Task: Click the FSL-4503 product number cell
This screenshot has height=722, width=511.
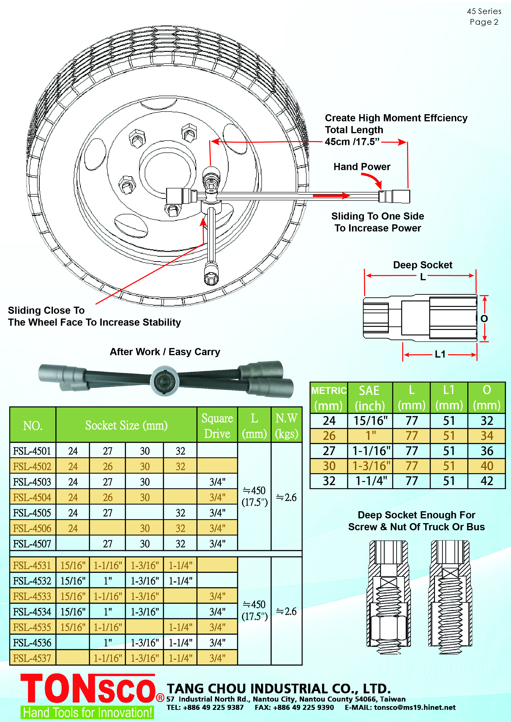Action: [32, 482]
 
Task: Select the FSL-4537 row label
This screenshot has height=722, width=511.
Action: [32, 658]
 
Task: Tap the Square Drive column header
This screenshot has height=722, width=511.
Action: [217, 426]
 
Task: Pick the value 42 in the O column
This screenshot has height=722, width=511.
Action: [487, 481]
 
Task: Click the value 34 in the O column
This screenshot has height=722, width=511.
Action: [487, 436]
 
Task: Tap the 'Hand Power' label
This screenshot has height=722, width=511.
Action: [362, 167]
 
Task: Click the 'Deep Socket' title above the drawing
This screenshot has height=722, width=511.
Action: [423, 265]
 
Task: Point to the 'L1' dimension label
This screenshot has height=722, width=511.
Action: [440, 354]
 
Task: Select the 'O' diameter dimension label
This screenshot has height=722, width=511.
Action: [484, 319]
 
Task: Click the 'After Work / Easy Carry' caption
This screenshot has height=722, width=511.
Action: [165, 352]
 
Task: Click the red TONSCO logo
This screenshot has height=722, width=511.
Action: [88, 688]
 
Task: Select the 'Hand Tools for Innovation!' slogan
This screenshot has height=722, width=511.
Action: [87, 712]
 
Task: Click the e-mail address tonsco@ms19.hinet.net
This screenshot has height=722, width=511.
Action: [415, 707]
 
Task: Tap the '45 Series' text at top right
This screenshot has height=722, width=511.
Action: [484, 11]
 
